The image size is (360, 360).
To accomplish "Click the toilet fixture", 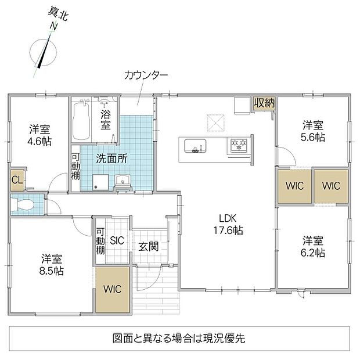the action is click(22, 204).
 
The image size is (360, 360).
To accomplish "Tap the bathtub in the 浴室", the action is click(81, 121).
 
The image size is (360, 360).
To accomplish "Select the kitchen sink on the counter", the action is click(195, 146).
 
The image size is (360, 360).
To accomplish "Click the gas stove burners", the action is click(237, 145).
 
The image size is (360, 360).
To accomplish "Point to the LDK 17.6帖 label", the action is click(228, 224).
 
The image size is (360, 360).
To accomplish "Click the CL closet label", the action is click(17, 180).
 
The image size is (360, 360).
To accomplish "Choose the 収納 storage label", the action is click(264, 103).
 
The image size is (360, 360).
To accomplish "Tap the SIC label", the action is click(117, 240).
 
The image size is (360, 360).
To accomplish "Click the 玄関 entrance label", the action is click(148, 247).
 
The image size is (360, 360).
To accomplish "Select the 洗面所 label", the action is click(111, 159).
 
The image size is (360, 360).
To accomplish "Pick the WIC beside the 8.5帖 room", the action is click(112, 289).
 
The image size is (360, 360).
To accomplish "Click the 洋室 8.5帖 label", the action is click(52, 265).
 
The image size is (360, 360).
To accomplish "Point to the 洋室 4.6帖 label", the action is click(39, 135).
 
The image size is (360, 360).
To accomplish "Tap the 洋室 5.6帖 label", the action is click(313, 131).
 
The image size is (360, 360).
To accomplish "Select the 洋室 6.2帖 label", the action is click(313, 247).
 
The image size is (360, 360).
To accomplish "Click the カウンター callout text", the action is click(146, 75).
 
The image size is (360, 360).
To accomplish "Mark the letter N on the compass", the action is click(54, 26).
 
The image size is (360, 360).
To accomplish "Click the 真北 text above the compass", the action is click(57, 15).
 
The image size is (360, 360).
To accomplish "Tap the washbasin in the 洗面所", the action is click(123, 180).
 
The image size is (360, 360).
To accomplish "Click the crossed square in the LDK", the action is click(216, 123).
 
